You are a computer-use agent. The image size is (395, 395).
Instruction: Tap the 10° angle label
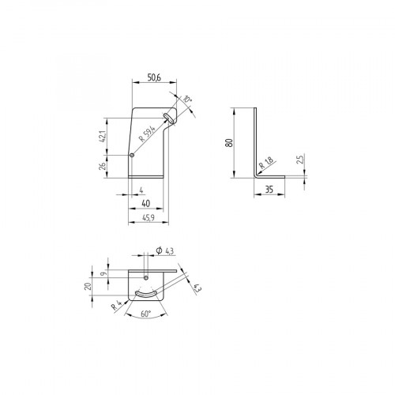[x=186, y=100]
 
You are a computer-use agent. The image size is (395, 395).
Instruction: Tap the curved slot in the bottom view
[x=148, y=295]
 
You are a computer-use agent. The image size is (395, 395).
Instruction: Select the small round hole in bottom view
[x=148, y=277]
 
